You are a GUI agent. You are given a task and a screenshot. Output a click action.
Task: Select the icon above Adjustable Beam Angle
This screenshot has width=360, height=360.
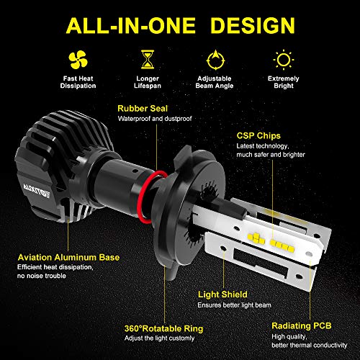tap(214, 58)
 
